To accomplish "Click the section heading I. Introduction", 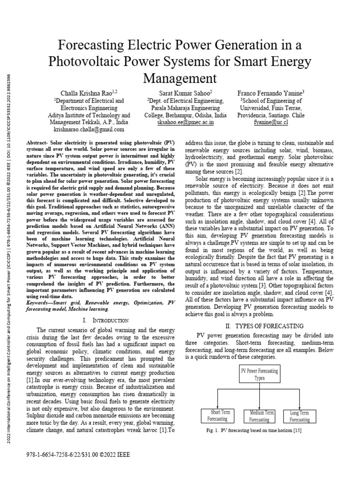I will click(x=105, y=320).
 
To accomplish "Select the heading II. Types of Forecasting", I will click(x=262, y=326).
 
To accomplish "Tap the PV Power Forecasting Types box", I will click(x=259, y=374).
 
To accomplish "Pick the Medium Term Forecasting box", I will click(x=262, y=416).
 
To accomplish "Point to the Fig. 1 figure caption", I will click(x=260, y=430).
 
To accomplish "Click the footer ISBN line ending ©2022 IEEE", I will click(x=81, y=455).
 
